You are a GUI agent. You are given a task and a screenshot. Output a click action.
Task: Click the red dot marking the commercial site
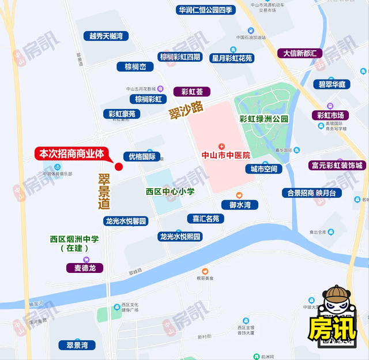[119, 167]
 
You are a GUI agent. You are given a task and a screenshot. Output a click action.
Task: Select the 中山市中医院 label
[225, 155]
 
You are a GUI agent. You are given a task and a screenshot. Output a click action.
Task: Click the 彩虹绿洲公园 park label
[263, 119]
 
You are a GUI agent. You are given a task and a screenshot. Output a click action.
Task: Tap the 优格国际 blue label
[142, 156]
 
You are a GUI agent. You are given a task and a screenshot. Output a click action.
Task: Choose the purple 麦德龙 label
[85, 268]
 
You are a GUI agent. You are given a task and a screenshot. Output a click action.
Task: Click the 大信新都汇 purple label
[300, 53]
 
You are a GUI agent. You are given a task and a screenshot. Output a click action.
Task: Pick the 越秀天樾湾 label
[106, 36]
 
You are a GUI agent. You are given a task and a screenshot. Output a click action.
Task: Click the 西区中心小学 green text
[170, 192]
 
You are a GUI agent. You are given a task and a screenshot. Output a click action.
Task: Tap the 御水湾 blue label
[239, 205]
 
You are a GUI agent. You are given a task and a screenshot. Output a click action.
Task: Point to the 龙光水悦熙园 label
[180, 237]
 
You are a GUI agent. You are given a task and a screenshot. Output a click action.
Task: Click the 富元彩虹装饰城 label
[338, 166]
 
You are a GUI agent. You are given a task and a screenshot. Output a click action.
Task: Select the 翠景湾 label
[77, 345]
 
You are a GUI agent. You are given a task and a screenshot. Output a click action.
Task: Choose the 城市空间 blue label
[263, 169]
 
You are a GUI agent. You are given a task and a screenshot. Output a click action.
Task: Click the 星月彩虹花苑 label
[232, 58]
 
